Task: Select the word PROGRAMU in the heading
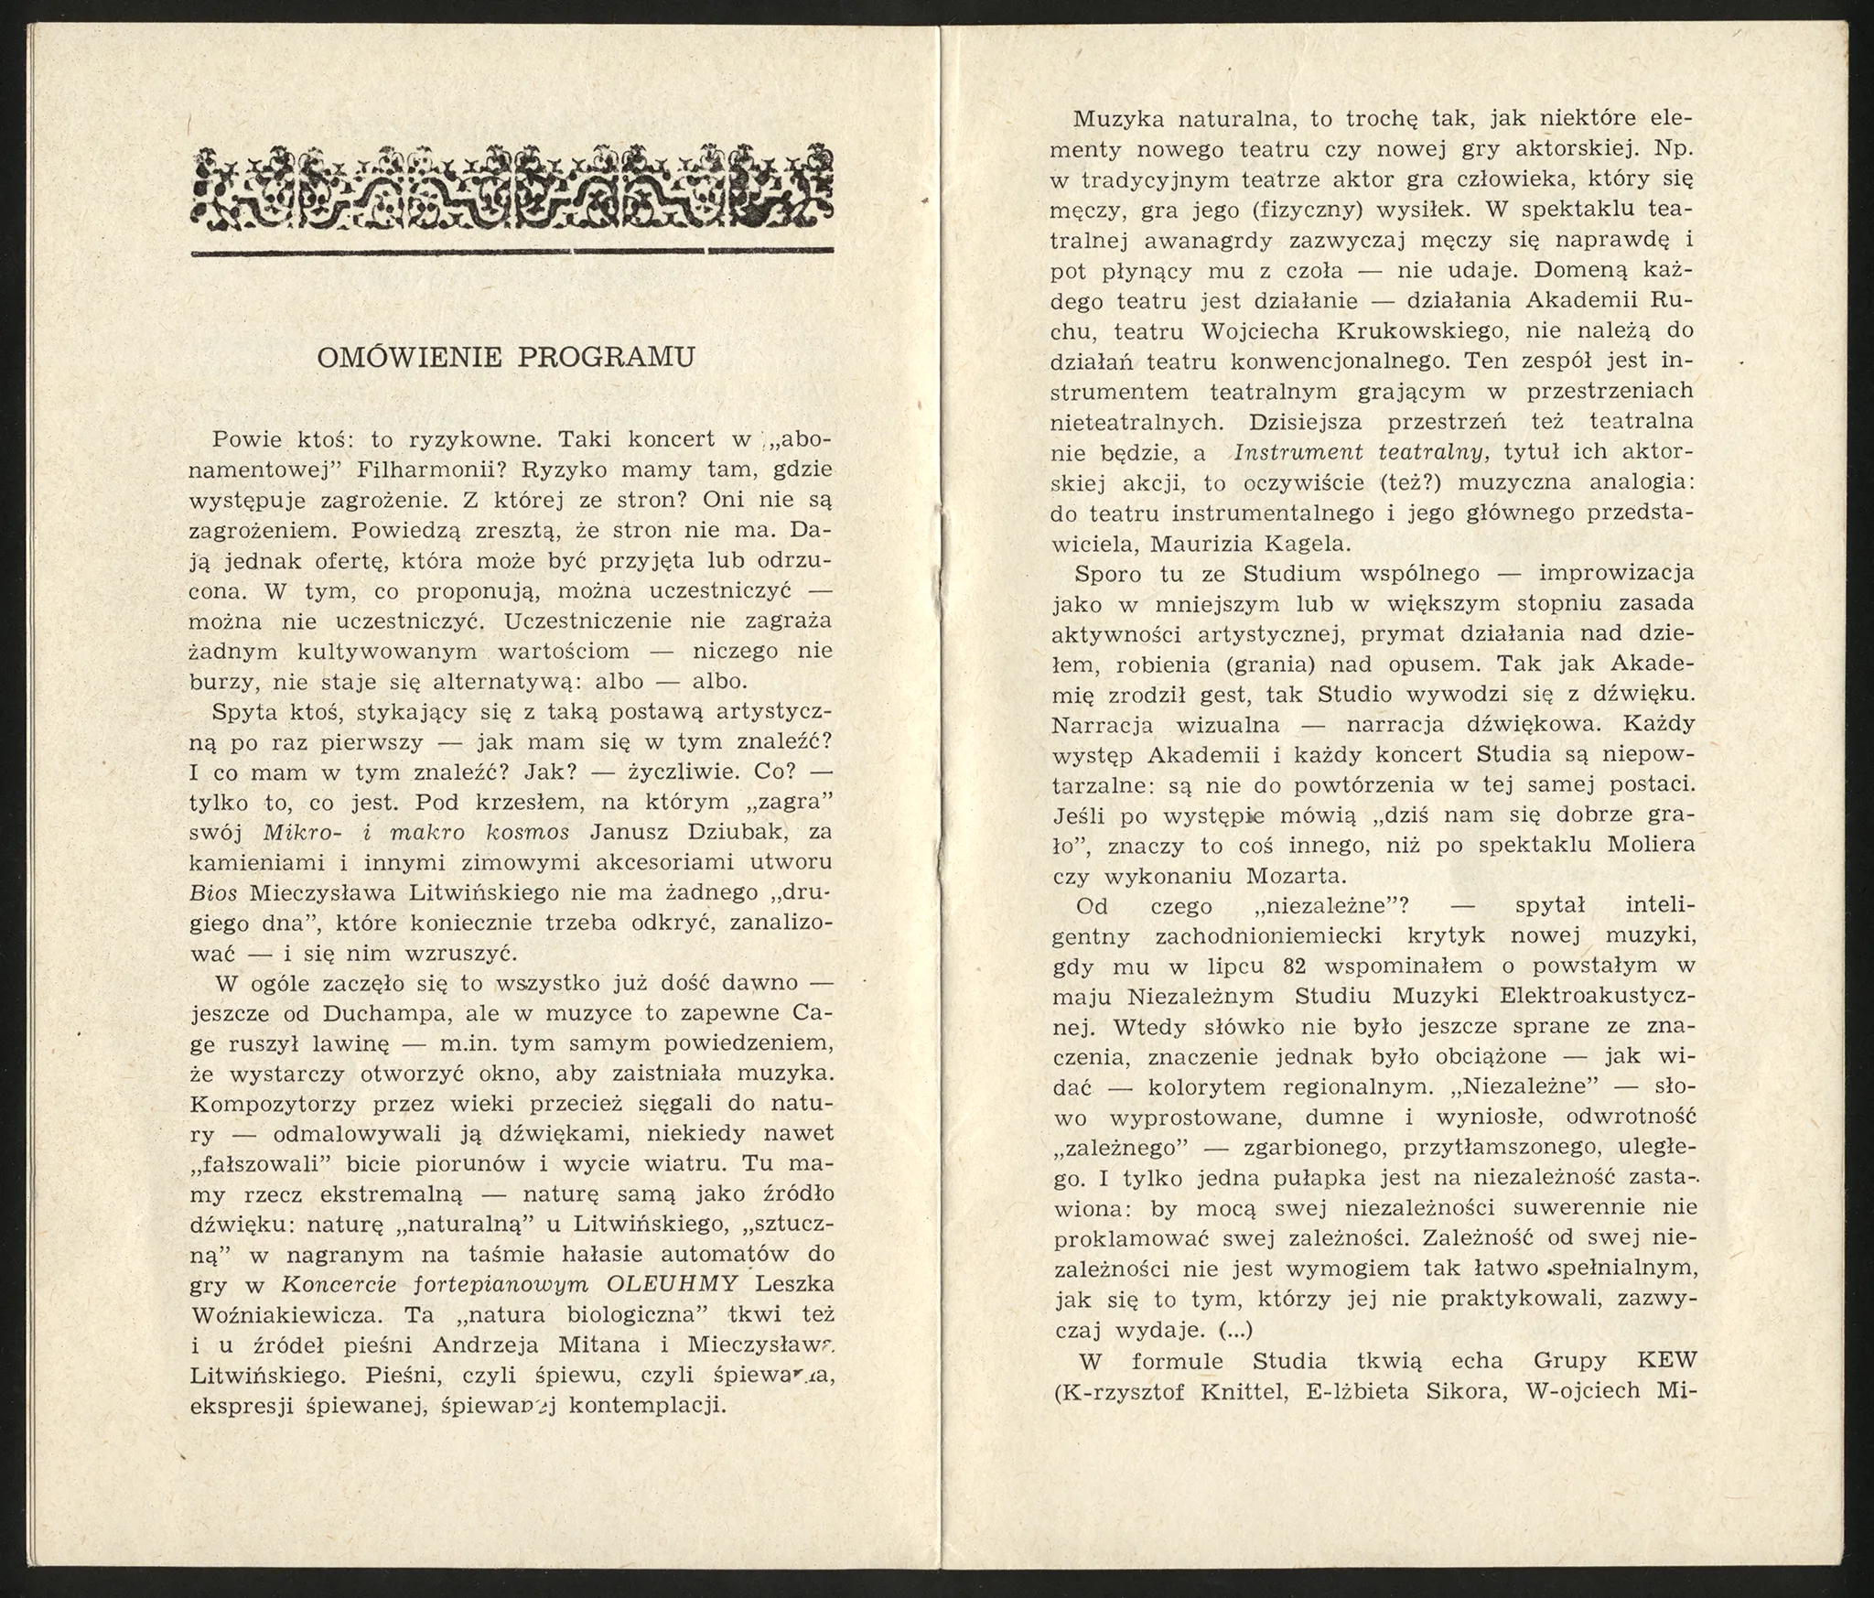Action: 607,357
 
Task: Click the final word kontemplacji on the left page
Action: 648,1405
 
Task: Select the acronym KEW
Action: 1664,1360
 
